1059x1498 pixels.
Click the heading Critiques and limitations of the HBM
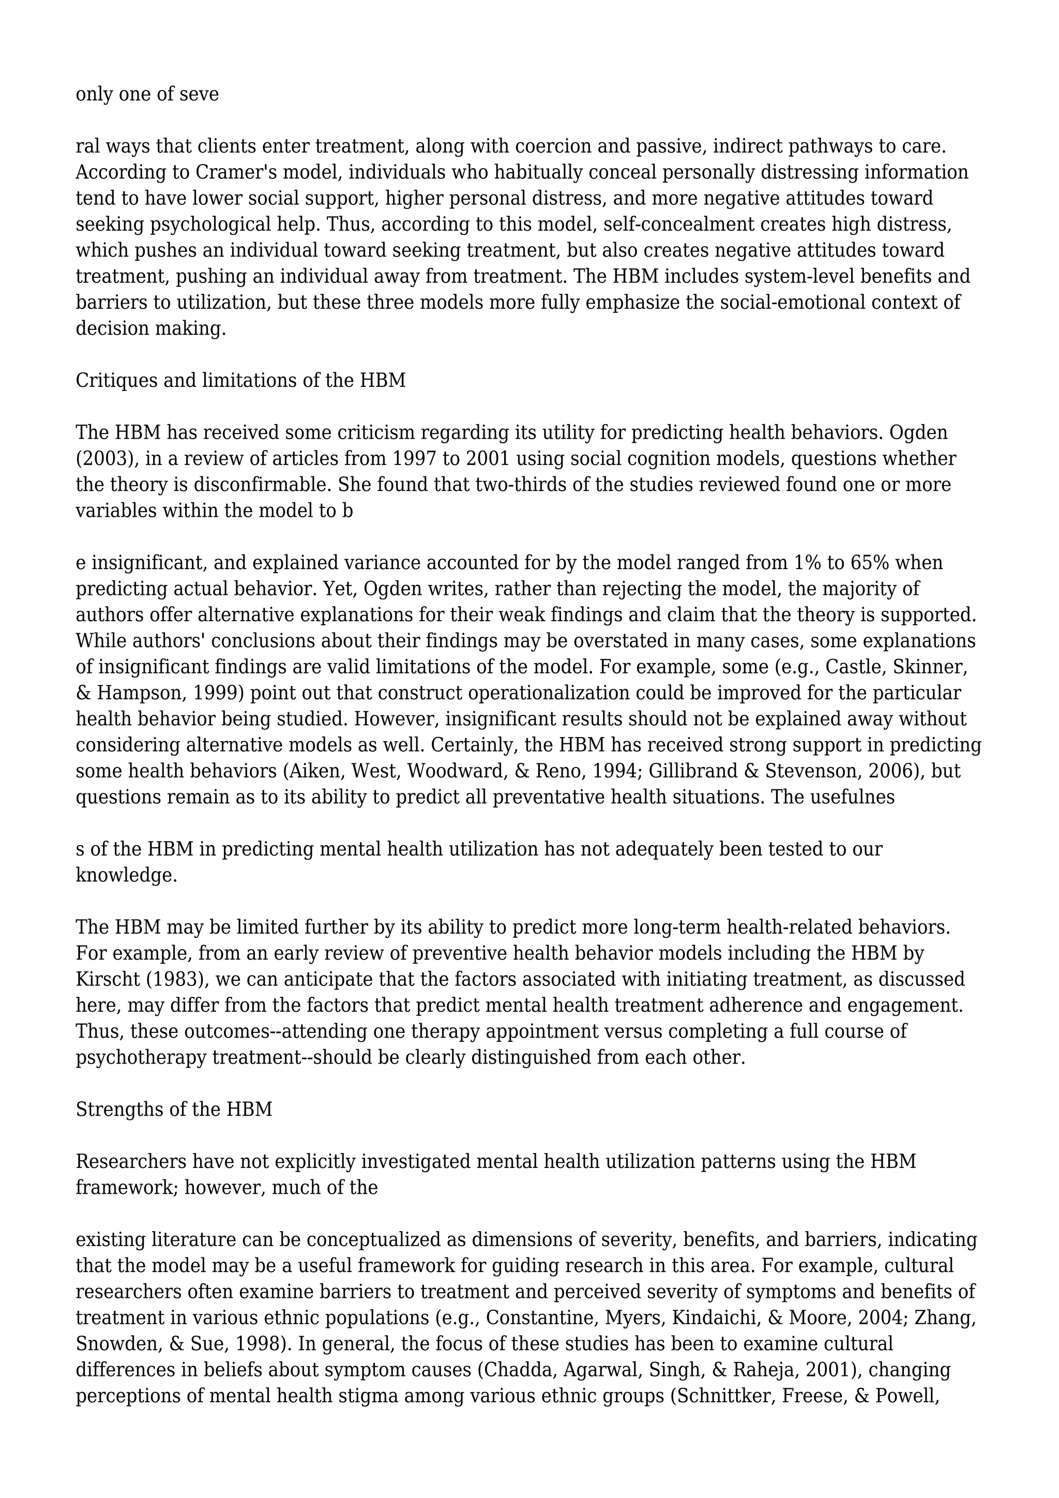[240, 380]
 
